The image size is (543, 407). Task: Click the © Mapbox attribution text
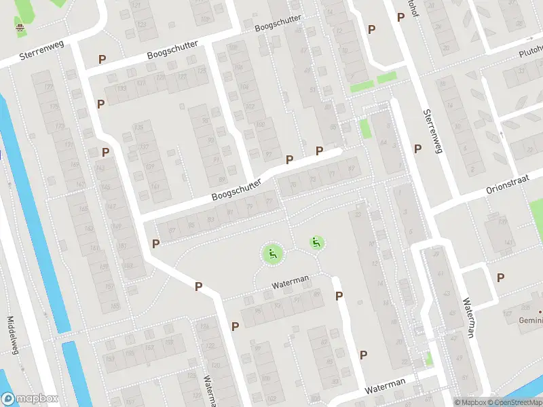click(470, 402)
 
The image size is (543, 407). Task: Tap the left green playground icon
click(273, 254)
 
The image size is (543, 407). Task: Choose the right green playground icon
click(316, 242)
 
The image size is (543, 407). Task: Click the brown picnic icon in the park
click(20, 28)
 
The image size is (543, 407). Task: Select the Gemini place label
click(531, 319)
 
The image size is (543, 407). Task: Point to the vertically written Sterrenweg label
click(432, 131)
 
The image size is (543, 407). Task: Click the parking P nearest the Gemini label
click(500, 277)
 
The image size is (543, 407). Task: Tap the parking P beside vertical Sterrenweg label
click(417, 149)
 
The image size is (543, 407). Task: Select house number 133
click(122, 89)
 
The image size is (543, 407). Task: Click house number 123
click(142, 25)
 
